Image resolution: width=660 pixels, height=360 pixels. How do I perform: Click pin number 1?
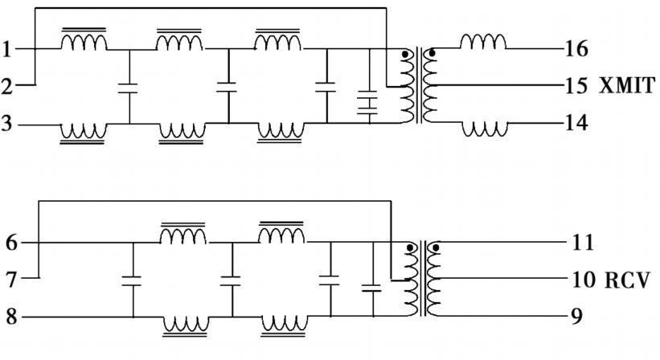pyautogui.click(x=7, y=50)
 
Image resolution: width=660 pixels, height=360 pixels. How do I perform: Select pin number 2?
pyautogui.click(x=7, y=86)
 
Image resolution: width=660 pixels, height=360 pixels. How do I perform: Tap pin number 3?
pyautogui.click(x=7, y=125)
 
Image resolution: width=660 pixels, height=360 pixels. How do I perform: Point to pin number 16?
pyautogui.click(x=576, y=49)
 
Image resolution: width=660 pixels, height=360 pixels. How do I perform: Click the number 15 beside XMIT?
pyautogui.click(x=576, y=85)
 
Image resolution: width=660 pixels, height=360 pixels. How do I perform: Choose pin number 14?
pyautogui.click(x=576, y=123)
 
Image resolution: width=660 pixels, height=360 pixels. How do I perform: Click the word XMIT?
pyautogui.click(x=628, y=85)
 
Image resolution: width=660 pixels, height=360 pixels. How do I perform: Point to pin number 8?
pyautogui.click(x=10, y=317)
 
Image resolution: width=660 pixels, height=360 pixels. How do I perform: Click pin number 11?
pyautogui.click(x=583, y=242)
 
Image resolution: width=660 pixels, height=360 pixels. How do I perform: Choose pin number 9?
pyautogui.click(x=576, y=316)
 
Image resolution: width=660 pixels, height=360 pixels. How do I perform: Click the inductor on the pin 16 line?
pyautogui.click(x=482, y=42)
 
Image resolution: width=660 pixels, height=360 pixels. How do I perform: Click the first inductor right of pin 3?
pyautogui.click(x=83, y=132)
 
